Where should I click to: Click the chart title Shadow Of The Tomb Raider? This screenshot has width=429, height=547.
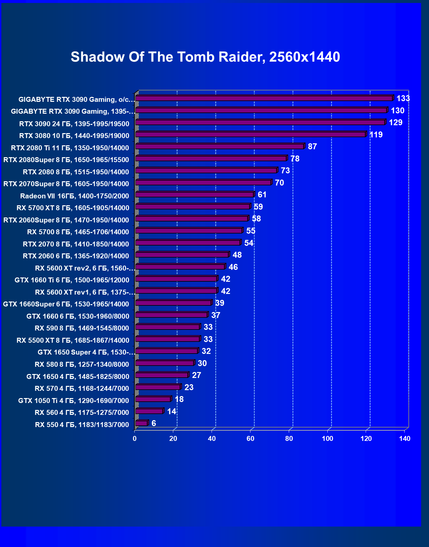click(x=205, y=57)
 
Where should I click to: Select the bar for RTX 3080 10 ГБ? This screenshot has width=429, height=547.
click(x=251, y=134)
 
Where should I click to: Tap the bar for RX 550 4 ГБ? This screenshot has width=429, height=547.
click(x=142, y=423)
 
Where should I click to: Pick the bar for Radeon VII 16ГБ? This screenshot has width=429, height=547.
click(x=195, y=195)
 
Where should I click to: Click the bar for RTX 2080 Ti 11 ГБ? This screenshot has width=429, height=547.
click(x=220, y=147)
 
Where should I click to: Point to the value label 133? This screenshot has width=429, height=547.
click(x=403, y=99)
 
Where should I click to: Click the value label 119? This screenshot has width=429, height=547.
click(x=376, y=135)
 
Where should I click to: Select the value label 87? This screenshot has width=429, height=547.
click(x=312, y=147)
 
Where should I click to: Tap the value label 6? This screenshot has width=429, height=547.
click(x=154, y=423)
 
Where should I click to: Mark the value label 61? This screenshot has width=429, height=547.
click(x=262, y=195)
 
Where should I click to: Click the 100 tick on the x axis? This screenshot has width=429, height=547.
click(x=328, y=439)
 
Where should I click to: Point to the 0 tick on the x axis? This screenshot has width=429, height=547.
click(x=135, y=439)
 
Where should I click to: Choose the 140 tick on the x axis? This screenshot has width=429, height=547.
click(x=405, y=439)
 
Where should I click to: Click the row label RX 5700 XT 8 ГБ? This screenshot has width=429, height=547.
click(x=73, y=208)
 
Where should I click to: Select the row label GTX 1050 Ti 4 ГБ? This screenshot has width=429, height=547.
click(x=74, y=401)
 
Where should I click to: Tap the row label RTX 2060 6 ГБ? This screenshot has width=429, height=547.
click(x=76, y=256)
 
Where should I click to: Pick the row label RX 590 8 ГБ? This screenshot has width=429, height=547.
click(x=82, y=328)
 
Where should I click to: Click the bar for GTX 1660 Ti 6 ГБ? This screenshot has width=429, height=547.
click(x=176, y=279)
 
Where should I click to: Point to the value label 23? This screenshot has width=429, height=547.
click(x=189, y=388)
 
